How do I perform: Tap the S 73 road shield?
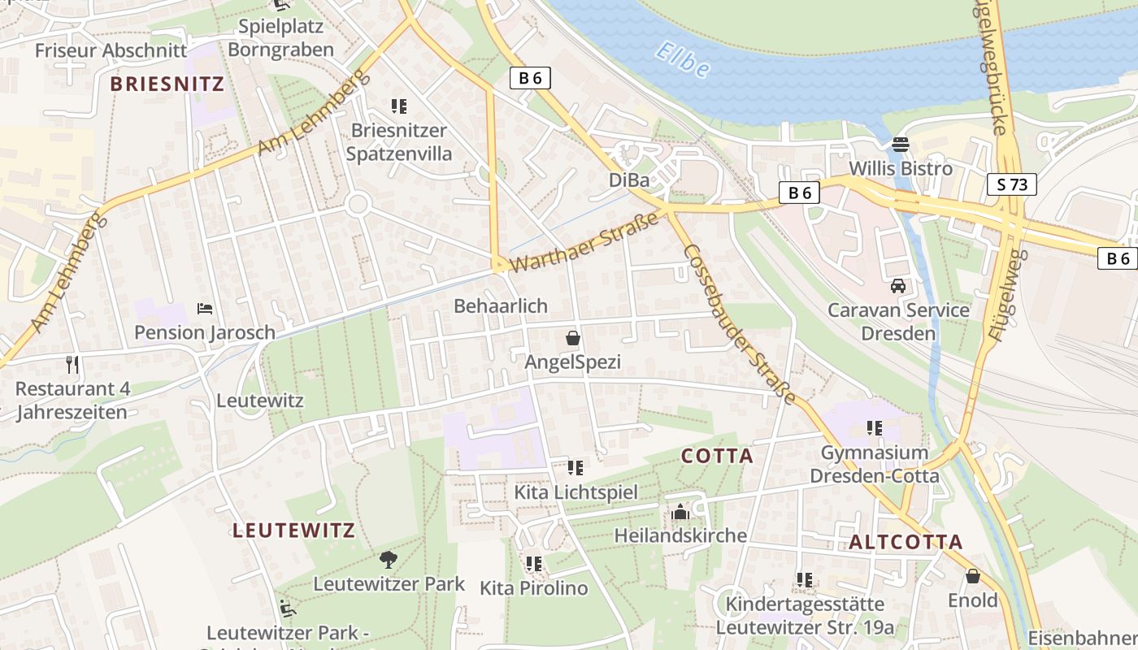[x=1012, y=184]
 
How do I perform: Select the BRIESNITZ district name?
[x=167, y=84]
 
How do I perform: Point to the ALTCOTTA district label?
[x=906, y=543]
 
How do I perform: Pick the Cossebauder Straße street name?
[x=739, y=323]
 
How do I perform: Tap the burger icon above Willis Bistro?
[x=900, y=145]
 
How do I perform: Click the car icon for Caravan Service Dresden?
[x=898, y=286]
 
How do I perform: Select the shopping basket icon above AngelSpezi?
[x=572, y=338]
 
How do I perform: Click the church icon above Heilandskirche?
[x=680, y=512]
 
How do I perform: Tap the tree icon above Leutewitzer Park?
[x=389, y=559]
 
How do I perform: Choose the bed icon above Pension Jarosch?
[x=205, y=309]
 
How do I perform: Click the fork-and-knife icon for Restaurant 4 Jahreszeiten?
[x=72, y=364]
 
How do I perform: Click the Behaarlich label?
[x=501, y=306]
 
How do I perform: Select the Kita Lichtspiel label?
[x=576, y=492]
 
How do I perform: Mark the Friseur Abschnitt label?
[x=111, y=50]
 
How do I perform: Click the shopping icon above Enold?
[x=972, y=577]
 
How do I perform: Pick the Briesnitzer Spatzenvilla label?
[x=398, y=142]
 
